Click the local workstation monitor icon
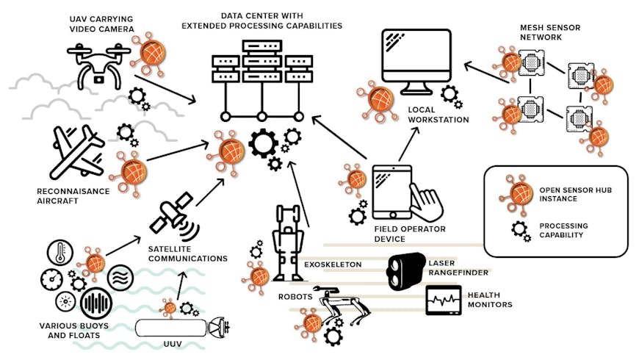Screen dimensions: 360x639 coord(415,62)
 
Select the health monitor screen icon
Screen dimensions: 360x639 coord(443,301)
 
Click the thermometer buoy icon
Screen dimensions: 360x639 coord(59,253)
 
